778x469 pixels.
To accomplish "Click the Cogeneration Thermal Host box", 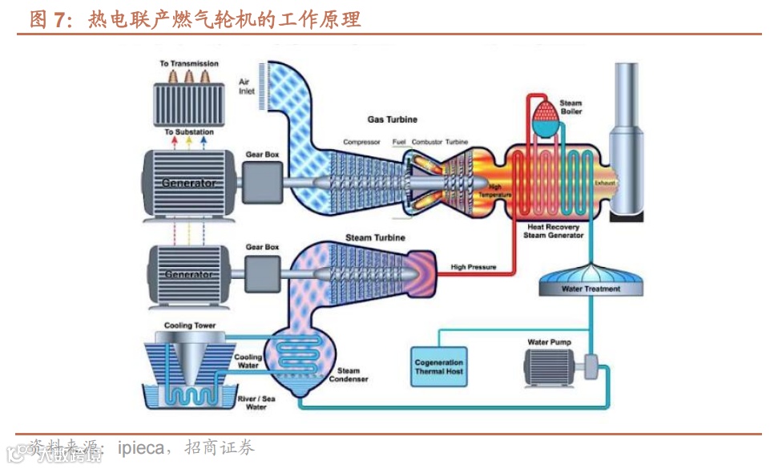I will coord(439,367).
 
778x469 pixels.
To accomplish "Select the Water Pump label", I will coord(549,342).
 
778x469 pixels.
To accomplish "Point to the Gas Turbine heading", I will coord(392,119).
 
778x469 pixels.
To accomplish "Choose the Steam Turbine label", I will coord(375,238).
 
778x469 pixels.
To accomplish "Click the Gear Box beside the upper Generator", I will coord(262,181).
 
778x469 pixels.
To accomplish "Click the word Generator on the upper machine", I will coord(188,183).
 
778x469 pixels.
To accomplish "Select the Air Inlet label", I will coord(247,87).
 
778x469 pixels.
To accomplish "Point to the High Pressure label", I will coord(474,267).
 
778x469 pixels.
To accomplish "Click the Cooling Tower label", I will coord(190,326).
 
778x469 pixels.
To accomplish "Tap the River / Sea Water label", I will coord(256,402).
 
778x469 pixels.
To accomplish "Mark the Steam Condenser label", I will coord(349,375).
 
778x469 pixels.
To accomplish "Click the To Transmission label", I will coord(188,63).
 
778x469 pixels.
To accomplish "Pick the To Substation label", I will coord(188,132).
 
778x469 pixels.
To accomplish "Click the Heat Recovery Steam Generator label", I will coord(553,232).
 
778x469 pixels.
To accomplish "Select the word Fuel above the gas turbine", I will coord(398,143).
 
